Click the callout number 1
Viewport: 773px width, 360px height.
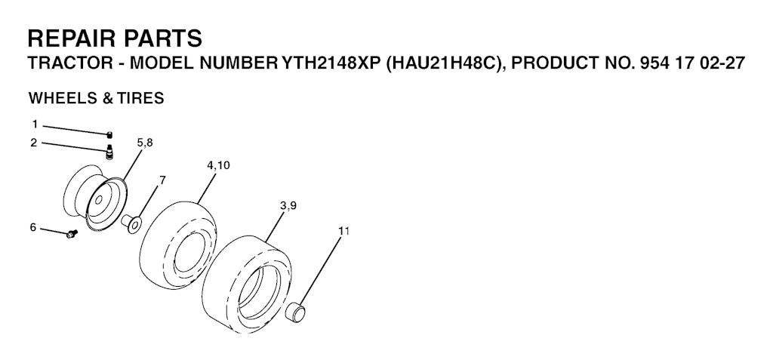pos(35,125)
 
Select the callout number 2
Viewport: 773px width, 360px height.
pos(33,143)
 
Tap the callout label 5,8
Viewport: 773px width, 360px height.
pos(145,143)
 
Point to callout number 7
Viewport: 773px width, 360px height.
pos(162,180)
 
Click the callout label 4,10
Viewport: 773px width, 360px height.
pos(218,166)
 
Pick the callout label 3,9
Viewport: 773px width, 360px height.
pos(288,205)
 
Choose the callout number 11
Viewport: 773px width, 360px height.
pos(343,231)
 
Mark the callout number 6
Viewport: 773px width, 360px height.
pos(33,227)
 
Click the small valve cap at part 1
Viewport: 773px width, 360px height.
pos(110,134)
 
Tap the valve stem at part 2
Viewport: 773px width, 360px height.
pos(109,152)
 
